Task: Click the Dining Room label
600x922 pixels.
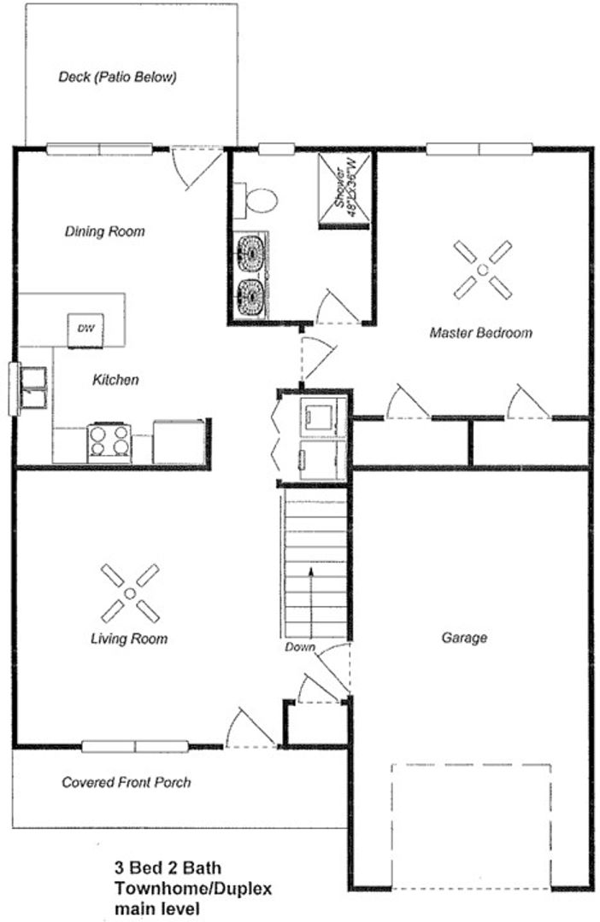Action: point(105,231)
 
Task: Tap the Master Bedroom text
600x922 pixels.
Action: point(481,333)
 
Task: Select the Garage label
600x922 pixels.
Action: point(464,638)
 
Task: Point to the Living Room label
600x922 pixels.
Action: point(129,639)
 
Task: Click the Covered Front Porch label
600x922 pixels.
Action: point(126,783)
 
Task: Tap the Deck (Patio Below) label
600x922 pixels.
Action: point(117,77)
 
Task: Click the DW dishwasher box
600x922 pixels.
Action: point(86,330)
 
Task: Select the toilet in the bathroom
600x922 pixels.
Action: point(256,201)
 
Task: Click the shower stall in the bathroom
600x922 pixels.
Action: point(344,190)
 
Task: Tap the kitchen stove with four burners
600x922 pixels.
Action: point(109,442)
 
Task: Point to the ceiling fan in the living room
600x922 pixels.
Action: point(130,593)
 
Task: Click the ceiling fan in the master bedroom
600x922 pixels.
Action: point(483,270)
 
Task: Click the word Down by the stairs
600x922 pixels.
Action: point(300,647)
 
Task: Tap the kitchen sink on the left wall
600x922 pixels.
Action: point(33,388)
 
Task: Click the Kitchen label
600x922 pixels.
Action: point(116,380)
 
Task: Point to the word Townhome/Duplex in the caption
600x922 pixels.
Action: point(193,888)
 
